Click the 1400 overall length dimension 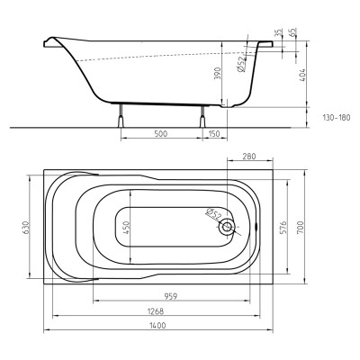(x=157, y=326)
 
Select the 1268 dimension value (x=156, y=311)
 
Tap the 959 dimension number (x=171, y=296)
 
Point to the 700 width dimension (x=301, y=227)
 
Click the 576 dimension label (x=284, y=227)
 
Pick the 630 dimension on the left (x=25, y=227)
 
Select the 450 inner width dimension (x=126, y=227)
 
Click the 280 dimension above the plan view (x=249, y=157)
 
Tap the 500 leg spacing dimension (x=161, y=133)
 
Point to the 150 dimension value (x=214, y=133)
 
